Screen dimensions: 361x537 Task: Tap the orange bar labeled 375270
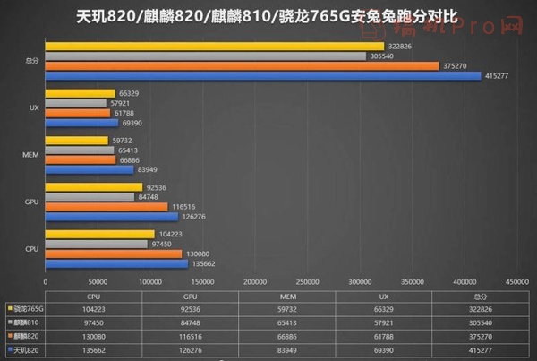pos(242,65)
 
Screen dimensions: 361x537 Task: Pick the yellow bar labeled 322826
pos(215,46)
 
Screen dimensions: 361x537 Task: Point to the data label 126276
pos(194,215)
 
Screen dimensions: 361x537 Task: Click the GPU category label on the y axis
pos(30,201)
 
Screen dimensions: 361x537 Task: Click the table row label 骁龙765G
pos(28,307)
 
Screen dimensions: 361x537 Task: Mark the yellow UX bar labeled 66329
pos(80,92)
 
